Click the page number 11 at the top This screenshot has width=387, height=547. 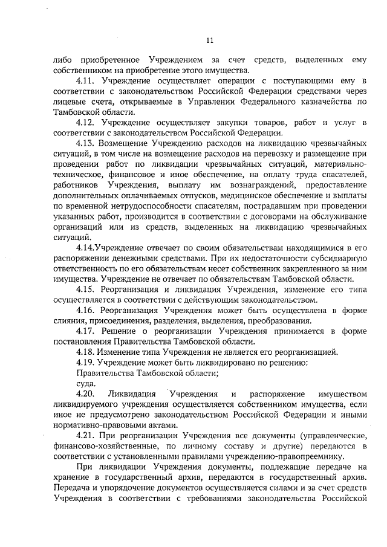tap(210, 40)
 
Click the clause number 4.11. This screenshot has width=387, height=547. tap(87, 81)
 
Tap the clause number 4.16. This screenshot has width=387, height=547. tap(87, 309)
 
